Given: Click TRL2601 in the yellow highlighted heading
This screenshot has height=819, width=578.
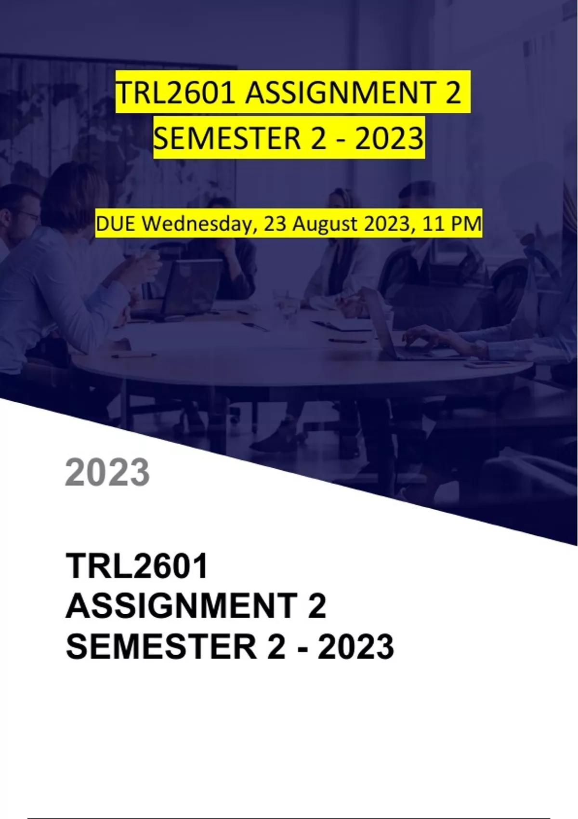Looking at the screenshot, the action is pos(175,92).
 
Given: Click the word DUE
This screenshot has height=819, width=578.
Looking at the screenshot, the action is pos(118,224).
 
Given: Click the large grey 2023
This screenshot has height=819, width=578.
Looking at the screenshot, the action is pos(107,472).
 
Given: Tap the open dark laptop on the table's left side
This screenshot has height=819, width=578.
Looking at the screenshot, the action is pos(190,289).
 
